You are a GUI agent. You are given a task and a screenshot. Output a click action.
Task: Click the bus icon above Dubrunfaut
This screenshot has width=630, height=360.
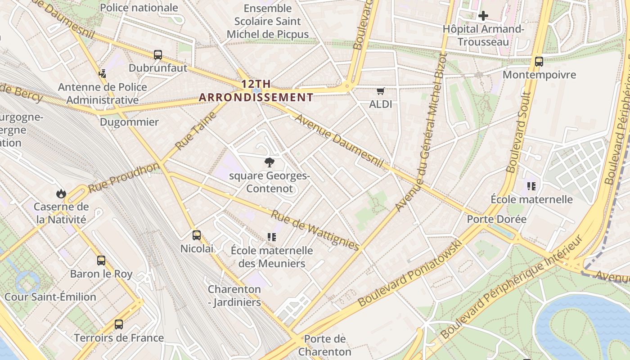pyautogui.click(x=157, y=55)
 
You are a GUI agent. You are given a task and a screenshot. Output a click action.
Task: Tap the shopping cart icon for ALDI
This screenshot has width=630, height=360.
pyautogui.click(x=380, y=91)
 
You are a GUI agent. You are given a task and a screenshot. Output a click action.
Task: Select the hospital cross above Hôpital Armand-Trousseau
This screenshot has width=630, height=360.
pyautogui.click(x=483, y=16)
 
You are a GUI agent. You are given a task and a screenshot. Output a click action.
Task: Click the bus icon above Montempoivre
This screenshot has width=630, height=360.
pyautogui.click(x=539, y=62)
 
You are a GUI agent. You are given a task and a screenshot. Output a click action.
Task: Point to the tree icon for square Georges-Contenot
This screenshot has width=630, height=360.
pyautogui.click(x=270, y=162)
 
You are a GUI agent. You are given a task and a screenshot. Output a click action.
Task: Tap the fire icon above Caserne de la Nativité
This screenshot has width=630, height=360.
pyautogui.click(x=61, y=193)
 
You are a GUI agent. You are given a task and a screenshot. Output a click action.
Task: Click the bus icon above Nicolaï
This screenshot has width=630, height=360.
pyautogui.click(x=196, y=235)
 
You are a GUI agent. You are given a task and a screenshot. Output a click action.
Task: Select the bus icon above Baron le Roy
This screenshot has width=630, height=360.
pyautogui.click(x=101, y=260)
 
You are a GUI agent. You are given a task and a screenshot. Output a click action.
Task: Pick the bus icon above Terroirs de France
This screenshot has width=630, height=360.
pyautogui.click(x=119, y=324)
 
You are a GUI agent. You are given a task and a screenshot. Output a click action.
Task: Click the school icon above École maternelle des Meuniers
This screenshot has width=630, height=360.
pyautogui.click(x=271, y=237)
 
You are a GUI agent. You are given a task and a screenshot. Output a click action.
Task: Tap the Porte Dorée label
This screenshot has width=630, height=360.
pyautogui.click(x=496, y=219)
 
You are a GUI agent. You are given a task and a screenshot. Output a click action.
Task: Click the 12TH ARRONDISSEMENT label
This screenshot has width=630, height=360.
pyautogui.click(x=256, y=90)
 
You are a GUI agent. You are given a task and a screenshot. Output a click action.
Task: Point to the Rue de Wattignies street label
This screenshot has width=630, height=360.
pyautogui.click(x=315, y=230)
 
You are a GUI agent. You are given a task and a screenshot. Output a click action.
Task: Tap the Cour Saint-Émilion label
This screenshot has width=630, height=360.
pyautogui.click(x=50, y=297)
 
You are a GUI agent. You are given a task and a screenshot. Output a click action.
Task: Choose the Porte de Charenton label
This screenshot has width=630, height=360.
pyautogui.click(x=324, y=345)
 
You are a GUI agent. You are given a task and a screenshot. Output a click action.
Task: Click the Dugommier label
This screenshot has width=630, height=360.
pyautogui.click(x=129, y=122)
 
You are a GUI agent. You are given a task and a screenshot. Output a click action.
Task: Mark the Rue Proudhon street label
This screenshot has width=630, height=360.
pyautogui.click(x=124, y=178)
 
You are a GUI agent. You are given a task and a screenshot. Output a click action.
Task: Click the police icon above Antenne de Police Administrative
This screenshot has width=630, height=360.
pyautogui.click(x=103, y=73)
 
